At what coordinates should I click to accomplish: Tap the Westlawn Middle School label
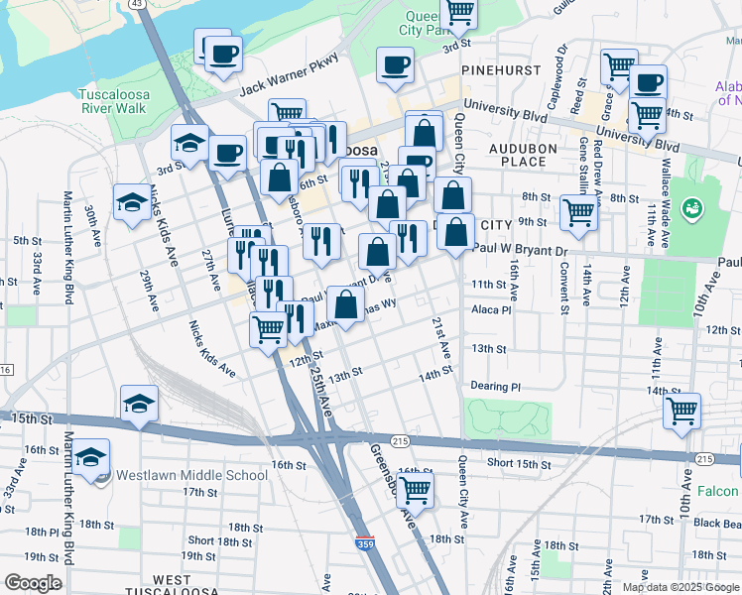(191, 475)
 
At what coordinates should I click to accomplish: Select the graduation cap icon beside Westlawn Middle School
(90, 457)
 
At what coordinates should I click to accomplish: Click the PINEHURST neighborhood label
(500, 71)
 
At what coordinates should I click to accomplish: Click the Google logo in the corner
(34, 583)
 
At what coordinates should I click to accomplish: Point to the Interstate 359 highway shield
(365, 543)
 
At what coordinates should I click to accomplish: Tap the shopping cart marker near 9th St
(578, 210)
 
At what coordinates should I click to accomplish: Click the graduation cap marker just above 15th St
(139, 404)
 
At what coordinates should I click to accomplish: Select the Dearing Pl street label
(495, 387)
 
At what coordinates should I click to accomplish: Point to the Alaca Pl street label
(491, 309)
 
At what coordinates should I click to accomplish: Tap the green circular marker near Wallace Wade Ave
(691, 207)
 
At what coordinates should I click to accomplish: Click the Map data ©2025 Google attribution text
(680, 587)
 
